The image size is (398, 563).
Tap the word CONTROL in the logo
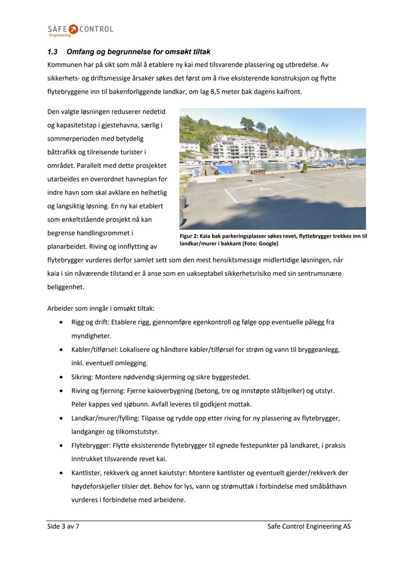[96, 29]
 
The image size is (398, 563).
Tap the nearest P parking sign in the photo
[252, 161]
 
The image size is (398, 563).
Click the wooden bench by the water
[258, 171]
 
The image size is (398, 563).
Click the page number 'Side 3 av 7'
[63, 527]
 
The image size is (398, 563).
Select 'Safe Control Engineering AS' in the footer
[309, 527]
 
